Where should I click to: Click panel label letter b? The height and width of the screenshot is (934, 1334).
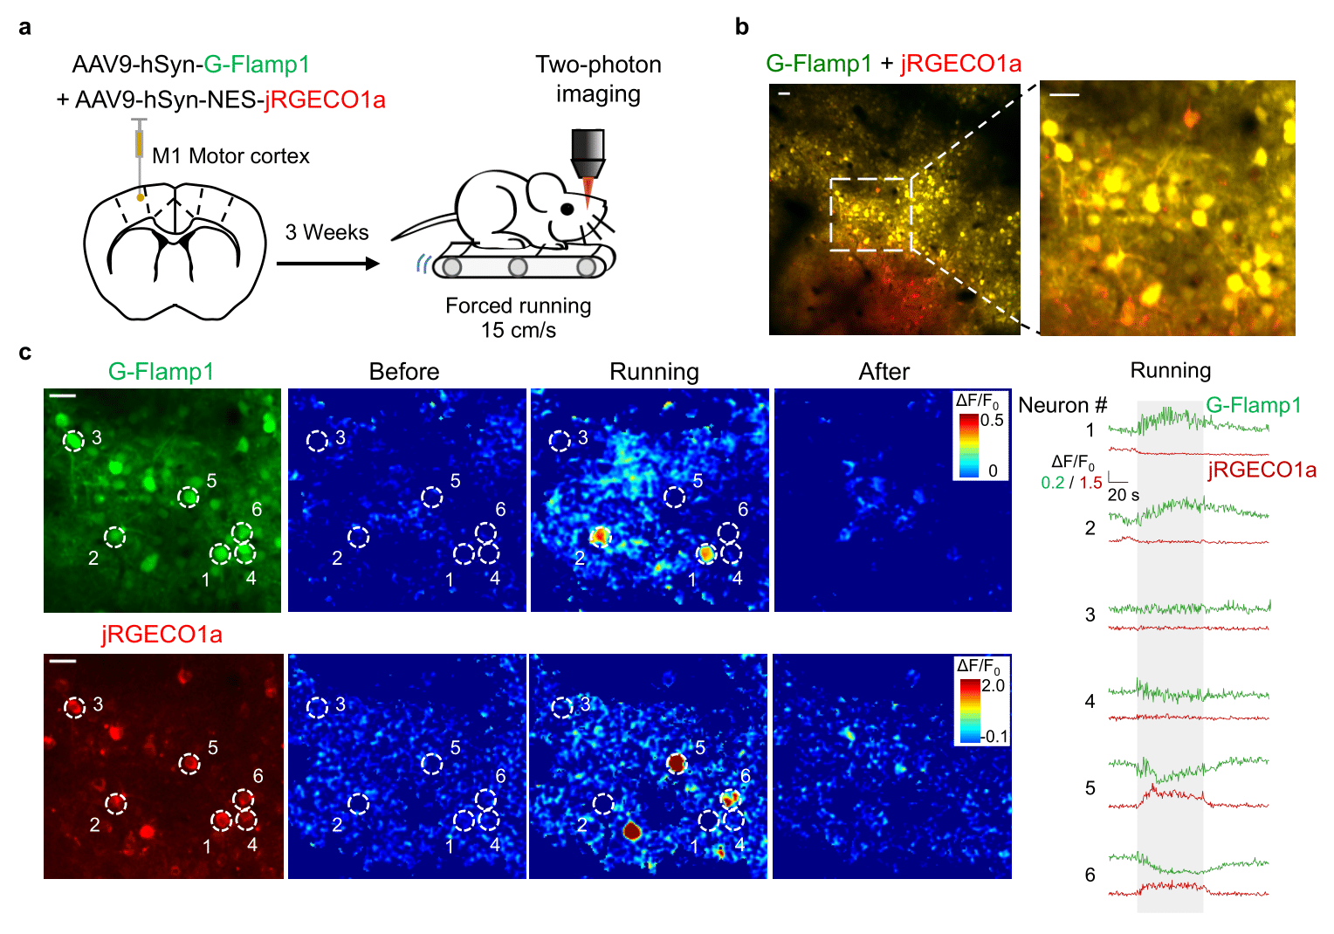tap(741, 27)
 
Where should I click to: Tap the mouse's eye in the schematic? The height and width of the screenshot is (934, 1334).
tap(567, 209)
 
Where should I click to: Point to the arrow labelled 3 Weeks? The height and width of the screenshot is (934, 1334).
tap(327, 263)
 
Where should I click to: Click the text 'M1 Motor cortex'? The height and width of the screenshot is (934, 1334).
tap(230, 156)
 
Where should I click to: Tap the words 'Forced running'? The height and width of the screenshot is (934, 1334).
tap(518, 306)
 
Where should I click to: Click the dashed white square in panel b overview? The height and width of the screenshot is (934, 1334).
tap(870, 214)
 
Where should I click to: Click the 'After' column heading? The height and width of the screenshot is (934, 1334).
tap(884, 372)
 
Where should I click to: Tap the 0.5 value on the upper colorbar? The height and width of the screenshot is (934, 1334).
tap(992, 420)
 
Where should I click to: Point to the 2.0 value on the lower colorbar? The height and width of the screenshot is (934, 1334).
tap(994, 685)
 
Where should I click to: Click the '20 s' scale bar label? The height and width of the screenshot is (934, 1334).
tap(1123, 495)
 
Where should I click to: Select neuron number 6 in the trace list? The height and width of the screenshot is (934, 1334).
tap(1090, 875)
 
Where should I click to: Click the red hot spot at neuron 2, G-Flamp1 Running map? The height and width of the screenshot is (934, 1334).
tap(599, 536)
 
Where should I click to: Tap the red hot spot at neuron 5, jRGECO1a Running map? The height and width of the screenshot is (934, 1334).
tap(676, 763)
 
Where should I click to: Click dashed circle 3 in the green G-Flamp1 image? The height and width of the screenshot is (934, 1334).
tap(74, 441)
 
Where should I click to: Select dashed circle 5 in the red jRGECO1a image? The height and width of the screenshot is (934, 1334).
tap(189, 764)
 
